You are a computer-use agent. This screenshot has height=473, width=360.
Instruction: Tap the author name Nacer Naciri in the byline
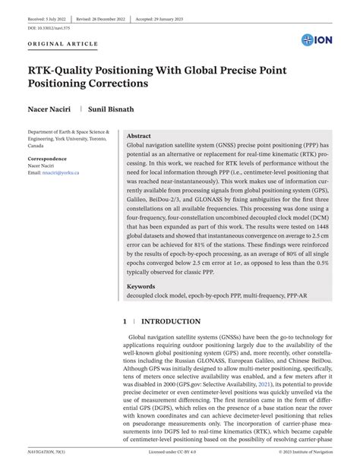coord(51,109)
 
